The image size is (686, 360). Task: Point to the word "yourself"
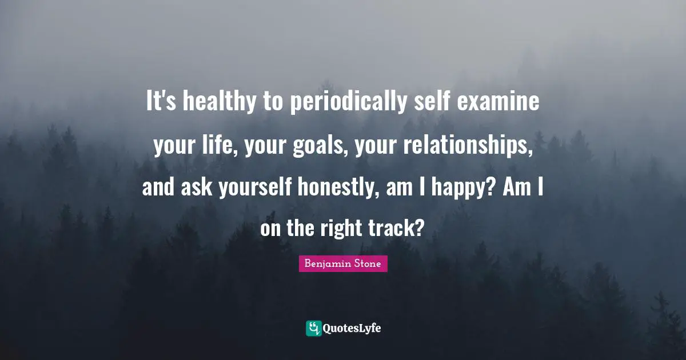coord(255,187)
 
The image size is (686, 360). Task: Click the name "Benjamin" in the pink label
coord(326,264)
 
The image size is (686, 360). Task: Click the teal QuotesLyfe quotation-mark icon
coord(314,328)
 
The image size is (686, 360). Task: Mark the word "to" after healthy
coord(274,103)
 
